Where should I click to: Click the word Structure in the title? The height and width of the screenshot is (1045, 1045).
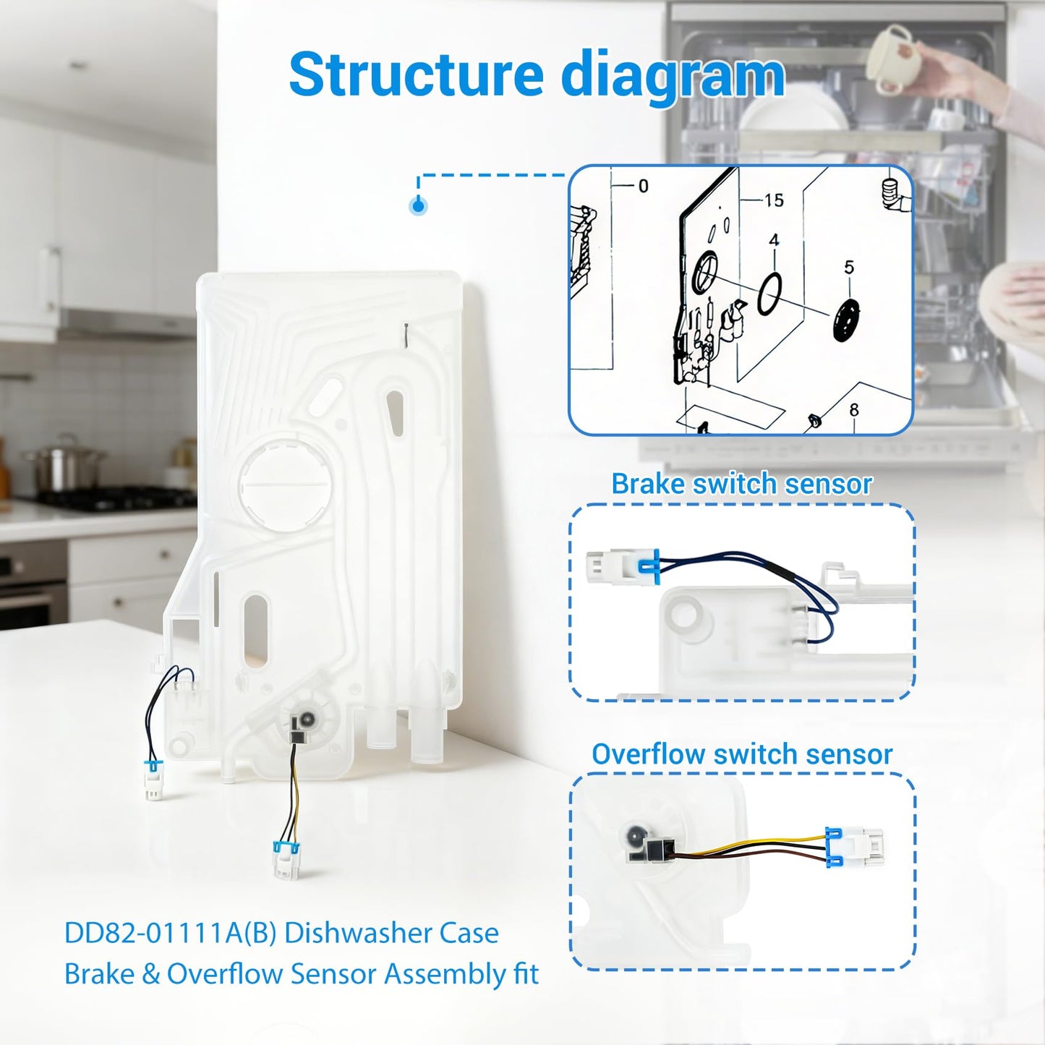point(416,74)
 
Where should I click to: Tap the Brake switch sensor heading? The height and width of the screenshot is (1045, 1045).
point(741,484)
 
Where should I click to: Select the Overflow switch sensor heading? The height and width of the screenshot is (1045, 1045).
point(742,754)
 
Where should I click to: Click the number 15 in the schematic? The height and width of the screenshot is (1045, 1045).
point(774,200)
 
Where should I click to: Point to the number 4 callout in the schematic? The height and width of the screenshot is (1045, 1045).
point(774,240)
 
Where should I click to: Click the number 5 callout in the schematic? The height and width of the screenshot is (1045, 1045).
point(849,267)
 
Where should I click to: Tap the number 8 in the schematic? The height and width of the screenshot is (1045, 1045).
point(854,410)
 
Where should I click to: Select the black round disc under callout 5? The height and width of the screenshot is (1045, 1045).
point(848,320)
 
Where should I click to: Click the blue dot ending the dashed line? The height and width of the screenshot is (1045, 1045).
point(418,206)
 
